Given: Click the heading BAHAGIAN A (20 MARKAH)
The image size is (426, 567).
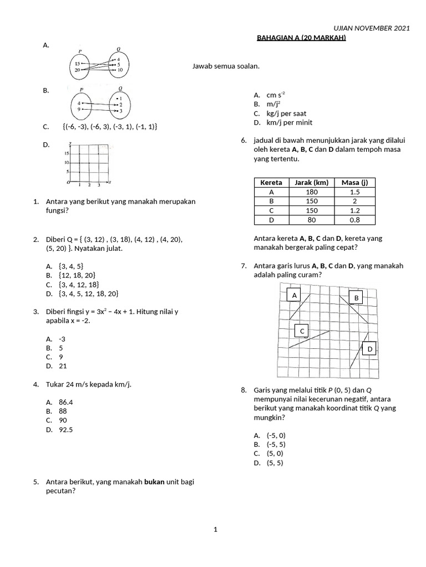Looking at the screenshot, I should click(301, 38).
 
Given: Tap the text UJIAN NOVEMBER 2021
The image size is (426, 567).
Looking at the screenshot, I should click(371, 29).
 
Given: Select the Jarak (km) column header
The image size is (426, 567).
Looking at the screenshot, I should click(312, 183).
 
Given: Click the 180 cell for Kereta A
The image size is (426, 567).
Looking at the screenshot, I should click(312, 192).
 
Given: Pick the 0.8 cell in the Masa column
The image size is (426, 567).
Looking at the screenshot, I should click(355, 220).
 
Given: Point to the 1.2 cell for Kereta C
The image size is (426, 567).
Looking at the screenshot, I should click(355, 210).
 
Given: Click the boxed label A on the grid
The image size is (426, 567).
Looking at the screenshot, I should click(295, 296).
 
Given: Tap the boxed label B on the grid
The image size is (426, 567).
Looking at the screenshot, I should click(357, 298).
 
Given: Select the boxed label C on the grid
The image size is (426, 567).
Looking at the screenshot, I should click(302, 331).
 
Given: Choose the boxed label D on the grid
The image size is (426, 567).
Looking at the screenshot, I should click(370, 349).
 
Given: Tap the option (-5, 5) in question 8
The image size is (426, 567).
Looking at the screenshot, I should click(276, 444).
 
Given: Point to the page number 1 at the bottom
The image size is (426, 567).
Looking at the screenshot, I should click(216, 530).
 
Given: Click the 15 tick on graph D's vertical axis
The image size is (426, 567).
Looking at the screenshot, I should click(65, 153).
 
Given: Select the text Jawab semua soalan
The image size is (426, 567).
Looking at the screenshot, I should click(226, 66).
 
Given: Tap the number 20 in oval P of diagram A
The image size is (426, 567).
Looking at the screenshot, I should click(77, 70).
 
